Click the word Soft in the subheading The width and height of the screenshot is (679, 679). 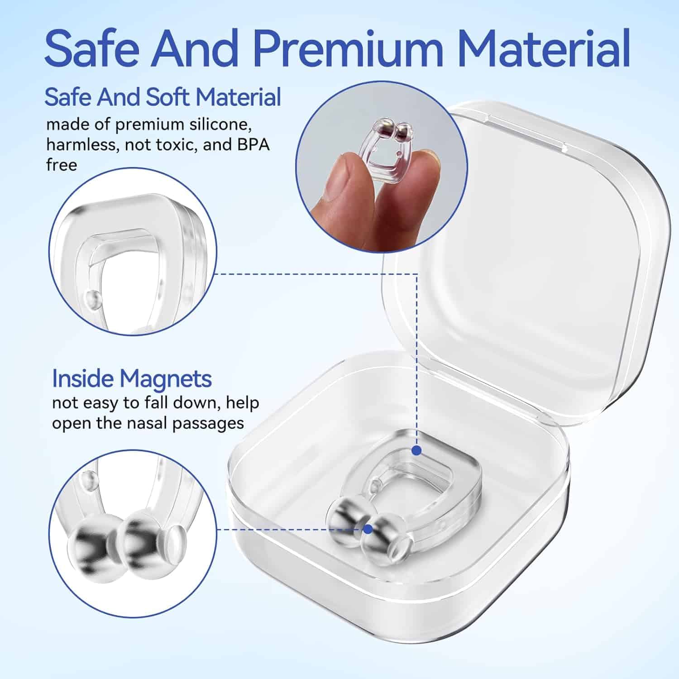click(168, 97)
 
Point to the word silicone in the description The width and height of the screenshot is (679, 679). click(219, 124)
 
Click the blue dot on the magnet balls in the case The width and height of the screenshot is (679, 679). click(368, 529)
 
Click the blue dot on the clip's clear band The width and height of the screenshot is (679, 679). click(417, 450)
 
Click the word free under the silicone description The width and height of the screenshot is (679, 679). click(62, 165)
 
